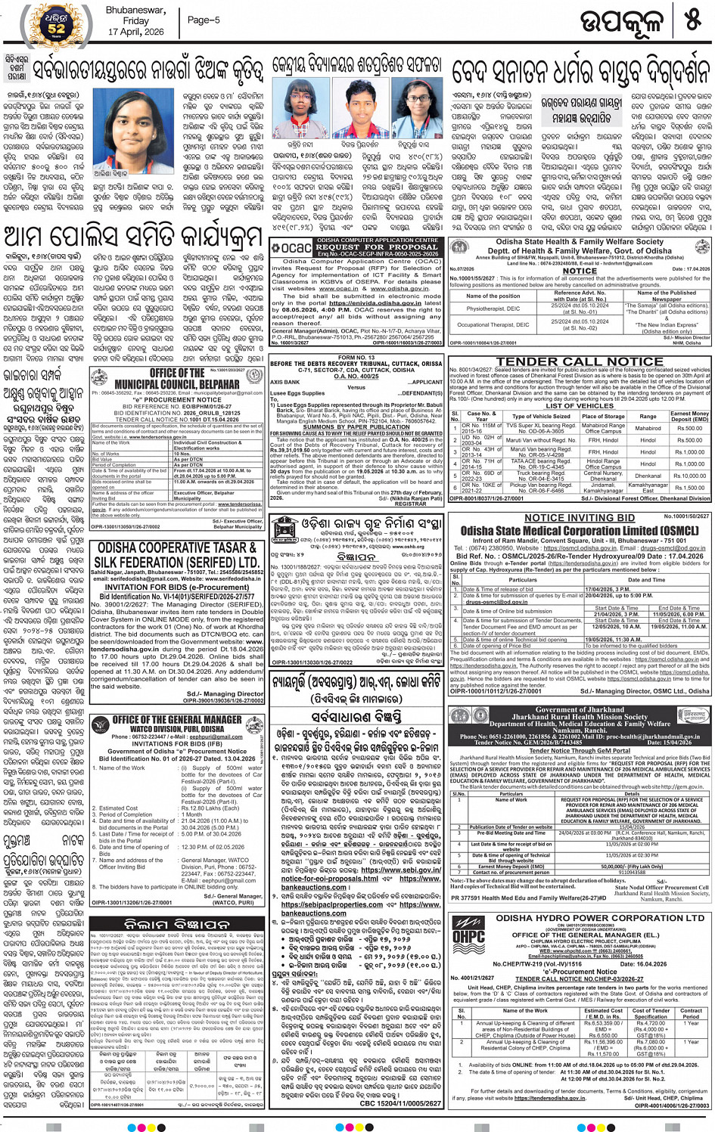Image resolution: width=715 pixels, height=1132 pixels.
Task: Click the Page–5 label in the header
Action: [x=204, y=20]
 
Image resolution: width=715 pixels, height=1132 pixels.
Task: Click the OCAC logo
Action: [x=291, y=247]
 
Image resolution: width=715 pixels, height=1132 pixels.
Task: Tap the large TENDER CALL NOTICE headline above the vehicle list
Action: [x=579, y=361]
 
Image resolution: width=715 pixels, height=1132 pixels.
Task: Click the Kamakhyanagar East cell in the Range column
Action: [x=648, y=488]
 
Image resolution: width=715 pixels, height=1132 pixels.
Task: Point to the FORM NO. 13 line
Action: [x=356, y=358]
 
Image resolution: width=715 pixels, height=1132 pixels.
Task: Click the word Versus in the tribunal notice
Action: [x=356, y=387]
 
